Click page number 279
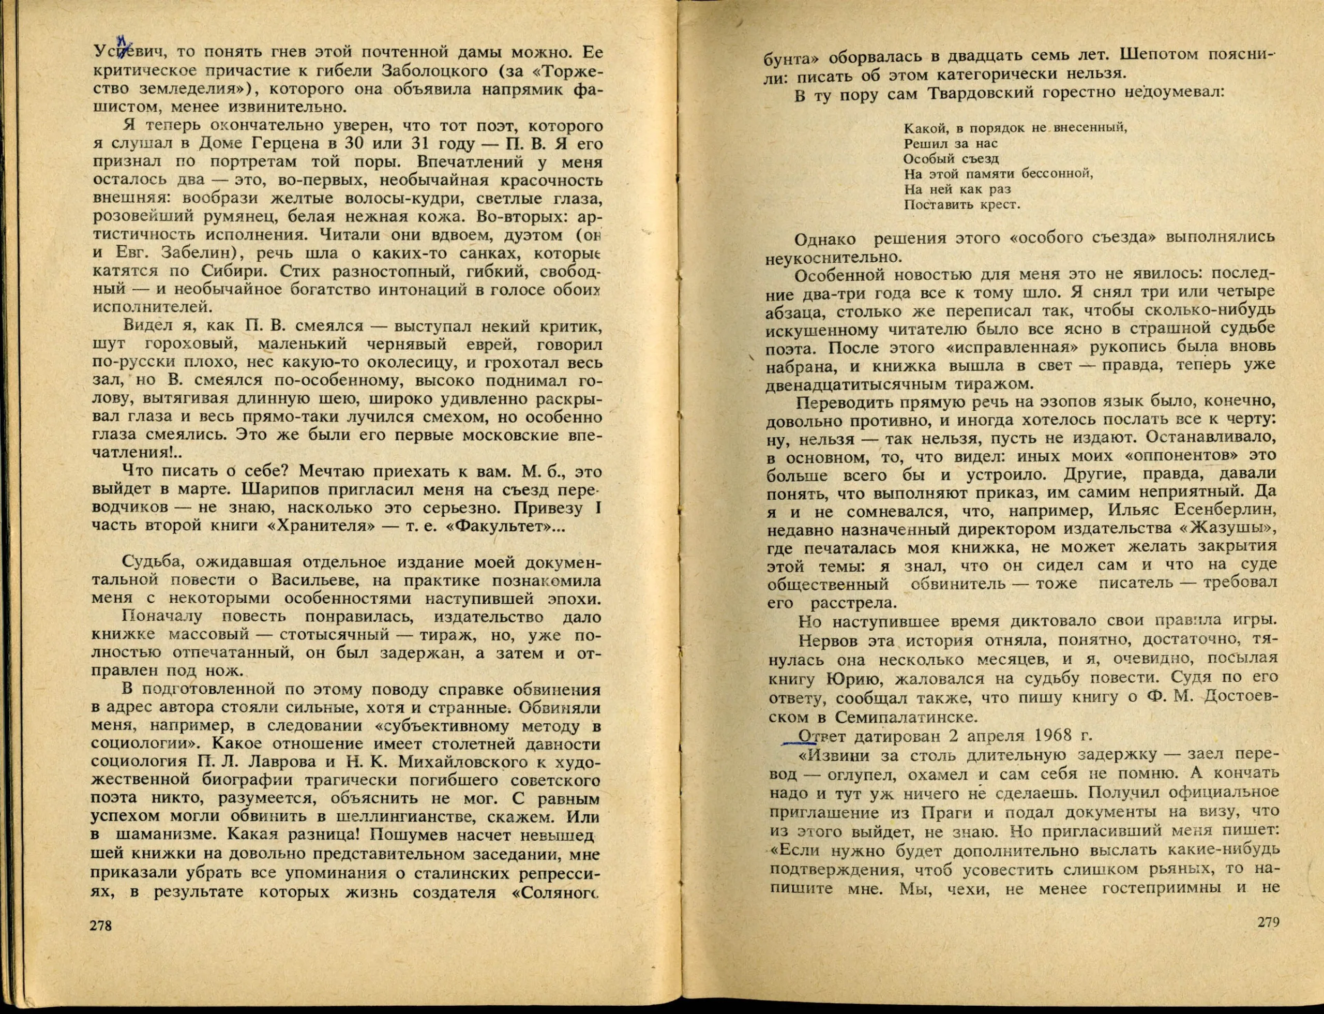click(1268, 939)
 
